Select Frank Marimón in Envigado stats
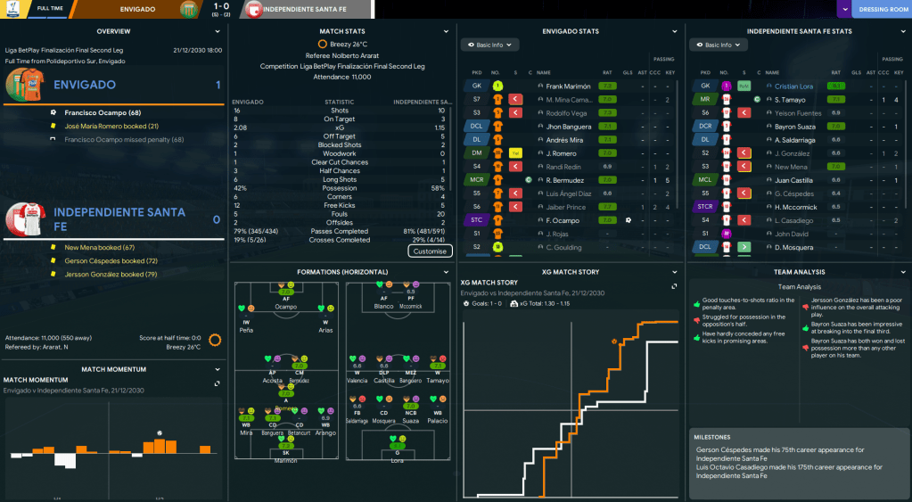point(569,86)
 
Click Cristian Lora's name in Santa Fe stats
point(795,86)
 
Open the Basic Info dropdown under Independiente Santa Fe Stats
point(718,45)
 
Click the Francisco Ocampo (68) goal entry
point(103,112)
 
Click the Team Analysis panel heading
point(799,271)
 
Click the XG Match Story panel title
point(571,271)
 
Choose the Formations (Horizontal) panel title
point(342,271)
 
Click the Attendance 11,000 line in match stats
point(342,78)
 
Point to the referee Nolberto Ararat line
point(342,54)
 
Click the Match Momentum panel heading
point(113,368)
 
